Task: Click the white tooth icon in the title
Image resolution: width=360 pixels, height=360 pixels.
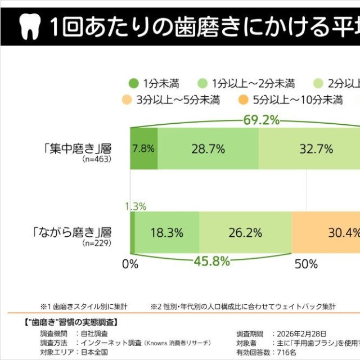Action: (28, 26)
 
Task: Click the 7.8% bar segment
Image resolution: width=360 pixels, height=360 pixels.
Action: (143, 149)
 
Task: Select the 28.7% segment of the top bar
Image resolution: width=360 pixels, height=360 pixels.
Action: (208, 149)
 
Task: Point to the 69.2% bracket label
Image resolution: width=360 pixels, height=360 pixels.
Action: (262, 120)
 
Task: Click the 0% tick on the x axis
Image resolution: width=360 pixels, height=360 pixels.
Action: (130, 264)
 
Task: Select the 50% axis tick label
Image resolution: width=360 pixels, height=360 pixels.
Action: (306, 264)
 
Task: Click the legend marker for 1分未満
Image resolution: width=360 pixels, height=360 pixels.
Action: (133, 84)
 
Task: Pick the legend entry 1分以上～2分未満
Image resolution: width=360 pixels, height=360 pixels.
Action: (253, 84)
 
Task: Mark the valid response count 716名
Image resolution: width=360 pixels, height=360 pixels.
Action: (283, 352)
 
